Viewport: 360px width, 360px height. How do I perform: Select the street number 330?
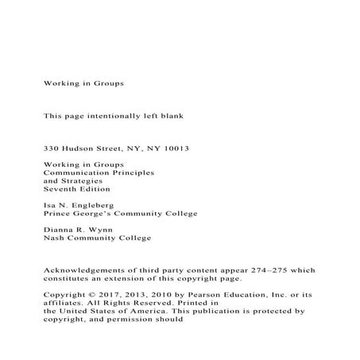[x=51, y=149]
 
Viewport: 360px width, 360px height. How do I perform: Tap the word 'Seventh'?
[x=60, y=189]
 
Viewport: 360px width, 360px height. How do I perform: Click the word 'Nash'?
[x=52, y=238]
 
